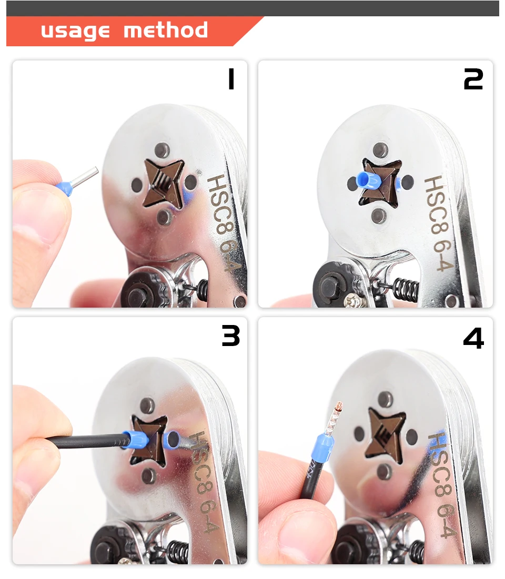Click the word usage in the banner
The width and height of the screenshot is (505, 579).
(x=75, y=31)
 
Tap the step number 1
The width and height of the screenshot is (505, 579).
(x=231, y=79)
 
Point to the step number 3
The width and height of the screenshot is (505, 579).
(x=231, y=336)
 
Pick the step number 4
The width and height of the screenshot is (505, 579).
(x=473, y=338)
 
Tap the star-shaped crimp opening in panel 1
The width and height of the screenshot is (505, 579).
(x=164, y=184)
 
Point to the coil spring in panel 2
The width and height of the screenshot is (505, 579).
(x=406, y=289)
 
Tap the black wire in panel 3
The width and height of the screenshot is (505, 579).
(x=86, y=441)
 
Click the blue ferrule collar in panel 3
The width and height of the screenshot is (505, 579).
(x=135, y=440)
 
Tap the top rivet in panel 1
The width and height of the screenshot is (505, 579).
(x=162, y=150)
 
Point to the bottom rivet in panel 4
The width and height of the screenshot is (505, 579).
(x=384, y=472)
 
